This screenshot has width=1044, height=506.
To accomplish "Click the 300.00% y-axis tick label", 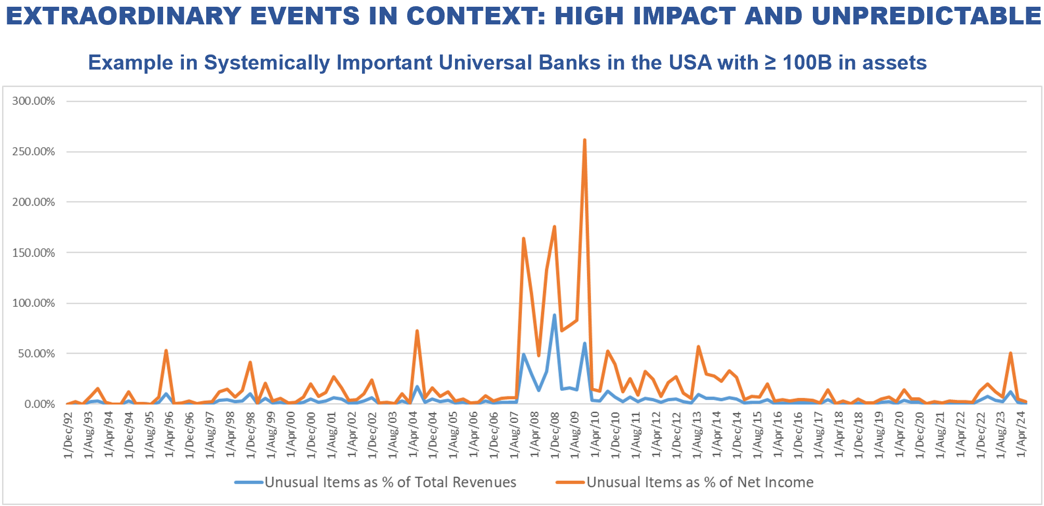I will [x=33, y=101].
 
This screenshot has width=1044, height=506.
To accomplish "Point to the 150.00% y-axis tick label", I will [x=33, y=253].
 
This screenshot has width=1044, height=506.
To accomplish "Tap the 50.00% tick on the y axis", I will [x=36, y=354].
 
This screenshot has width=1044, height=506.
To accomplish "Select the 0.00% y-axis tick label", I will [x=39, y=404].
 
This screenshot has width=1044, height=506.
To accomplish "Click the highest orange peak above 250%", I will [x=585, y=140].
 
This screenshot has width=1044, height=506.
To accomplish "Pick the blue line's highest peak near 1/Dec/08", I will [x=554, y=315].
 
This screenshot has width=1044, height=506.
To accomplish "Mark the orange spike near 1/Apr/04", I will [x=417, y=331].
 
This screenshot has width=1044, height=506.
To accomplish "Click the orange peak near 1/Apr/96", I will [x=166, y=351].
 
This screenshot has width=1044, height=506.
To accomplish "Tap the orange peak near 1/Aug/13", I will [x=699, y=347].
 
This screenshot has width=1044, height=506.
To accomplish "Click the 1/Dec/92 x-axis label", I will [x=69, y=435].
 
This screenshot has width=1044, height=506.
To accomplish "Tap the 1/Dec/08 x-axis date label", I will [x=555, y=435].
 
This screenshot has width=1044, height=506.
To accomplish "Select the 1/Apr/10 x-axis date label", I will [x=595, y=435].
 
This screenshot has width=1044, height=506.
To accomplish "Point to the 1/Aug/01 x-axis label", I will [x=332, y=435].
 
